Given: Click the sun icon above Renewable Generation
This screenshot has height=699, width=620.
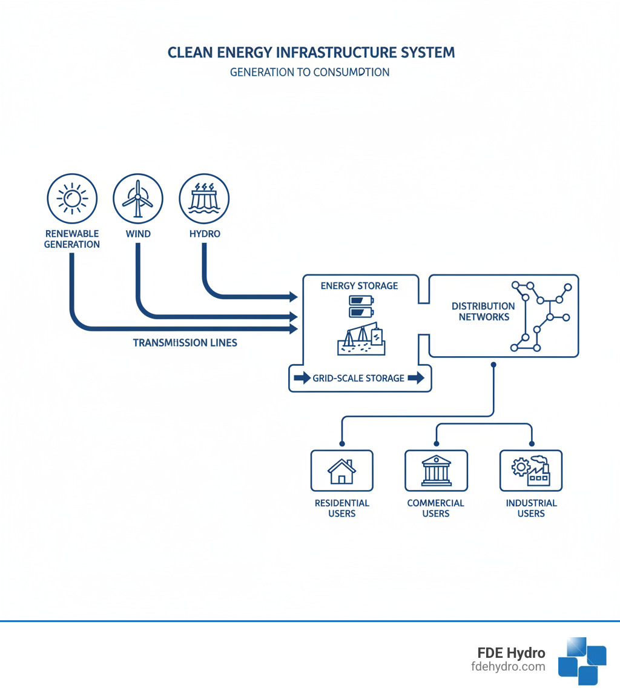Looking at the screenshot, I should (x=72, y=198).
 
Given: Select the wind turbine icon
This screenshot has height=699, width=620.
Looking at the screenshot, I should (x=138, y=198).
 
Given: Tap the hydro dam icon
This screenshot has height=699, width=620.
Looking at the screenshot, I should (x=204, y=198).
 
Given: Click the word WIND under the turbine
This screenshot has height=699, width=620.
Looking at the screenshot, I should (x=138, y=234).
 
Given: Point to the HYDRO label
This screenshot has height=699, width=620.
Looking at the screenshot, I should (x=204, y=234).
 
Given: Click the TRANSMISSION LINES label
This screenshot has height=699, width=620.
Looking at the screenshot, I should (x=185, y=343).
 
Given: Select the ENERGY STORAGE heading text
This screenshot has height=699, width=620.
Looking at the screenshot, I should (x=359, y=286).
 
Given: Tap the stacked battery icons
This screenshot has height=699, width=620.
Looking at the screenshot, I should (x=359, y=306).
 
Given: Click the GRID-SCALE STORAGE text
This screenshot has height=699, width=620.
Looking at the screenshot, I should (x=358, y=379).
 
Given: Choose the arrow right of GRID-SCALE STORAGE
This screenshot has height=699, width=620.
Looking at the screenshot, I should (x=416, y=379).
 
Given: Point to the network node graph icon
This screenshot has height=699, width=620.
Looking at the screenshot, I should (x=540, y=316).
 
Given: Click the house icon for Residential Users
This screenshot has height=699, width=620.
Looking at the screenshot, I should (x=341, y=471).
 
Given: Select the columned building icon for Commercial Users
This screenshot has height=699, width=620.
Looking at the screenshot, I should (x=436, y=471).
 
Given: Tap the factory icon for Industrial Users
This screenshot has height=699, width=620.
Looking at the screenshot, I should (x=530, y=471).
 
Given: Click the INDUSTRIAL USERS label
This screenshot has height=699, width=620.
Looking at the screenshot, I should (x=531, y=508).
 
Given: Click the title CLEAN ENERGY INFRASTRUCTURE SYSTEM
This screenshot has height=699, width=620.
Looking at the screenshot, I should (x=311, y=53).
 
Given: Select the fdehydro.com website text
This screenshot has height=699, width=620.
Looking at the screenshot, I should (x=507, y=667).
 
